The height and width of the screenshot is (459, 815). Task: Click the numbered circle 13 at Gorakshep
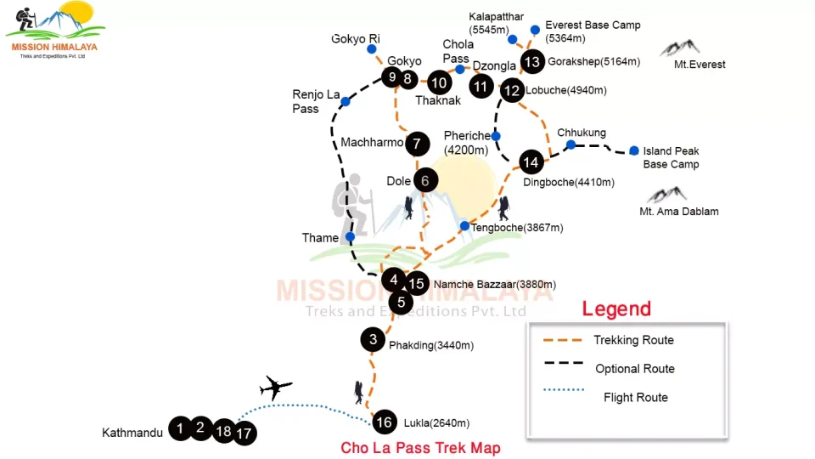[532, 62]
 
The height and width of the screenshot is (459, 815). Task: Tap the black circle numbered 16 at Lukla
[384, 422]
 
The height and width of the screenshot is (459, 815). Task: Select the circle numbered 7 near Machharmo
[416, 144]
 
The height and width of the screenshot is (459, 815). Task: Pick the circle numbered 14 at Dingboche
[531, 162]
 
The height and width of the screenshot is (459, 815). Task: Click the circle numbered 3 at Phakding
[373, 340]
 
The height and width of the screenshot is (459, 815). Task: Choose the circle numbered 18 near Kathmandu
[224, 430]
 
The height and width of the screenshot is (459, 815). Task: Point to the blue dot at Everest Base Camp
[535, 30]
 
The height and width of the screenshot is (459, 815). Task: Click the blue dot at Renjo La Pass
[346, 102]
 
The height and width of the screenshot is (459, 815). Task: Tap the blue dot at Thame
[350, 237]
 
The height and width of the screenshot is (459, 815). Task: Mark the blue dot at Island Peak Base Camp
[634, 151]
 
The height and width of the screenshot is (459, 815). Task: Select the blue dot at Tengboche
[464, 226]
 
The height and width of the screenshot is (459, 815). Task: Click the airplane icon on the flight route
[275, 388]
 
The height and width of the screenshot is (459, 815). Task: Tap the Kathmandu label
[132, 433]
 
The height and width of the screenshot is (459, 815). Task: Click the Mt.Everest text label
[700, 65]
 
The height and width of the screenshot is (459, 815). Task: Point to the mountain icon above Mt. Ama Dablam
[666, 195]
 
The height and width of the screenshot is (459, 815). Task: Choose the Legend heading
[616, 309]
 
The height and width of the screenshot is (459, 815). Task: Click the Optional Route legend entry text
[635, 369]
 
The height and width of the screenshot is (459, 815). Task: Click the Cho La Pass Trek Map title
[420, 448]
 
